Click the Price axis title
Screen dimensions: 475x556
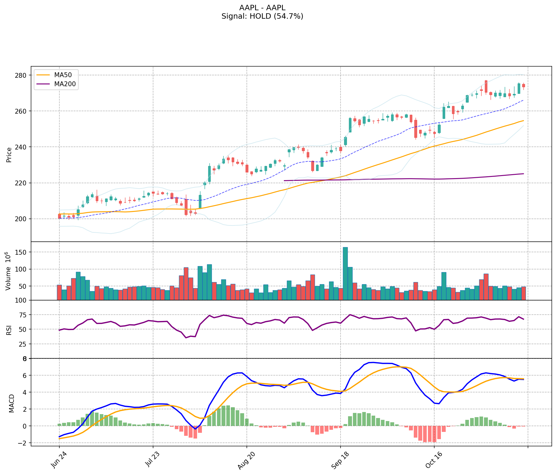click(x=9, y=155)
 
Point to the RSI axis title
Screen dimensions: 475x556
click(x=9, y=330)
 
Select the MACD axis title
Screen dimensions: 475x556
click(x=11, y=403)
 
